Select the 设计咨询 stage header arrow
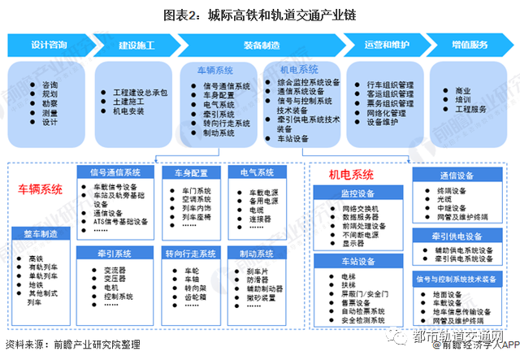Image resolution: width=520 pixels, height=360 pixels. (48, 44)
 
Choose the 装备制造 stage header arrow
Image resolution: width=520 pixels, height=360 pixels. (261, 44)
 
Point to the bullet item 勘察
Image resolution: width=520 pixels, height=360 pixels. (50, 103)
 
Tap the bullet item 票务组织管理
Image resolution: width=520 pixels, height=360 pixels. (390, 103)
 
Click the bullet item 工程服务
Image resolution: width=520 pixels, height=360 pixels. (470, 109)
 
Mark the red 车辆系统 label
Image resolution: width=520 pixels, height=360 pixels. (40, 189)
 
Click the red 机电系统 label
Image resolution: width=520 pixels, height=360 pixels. (351, 174)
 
